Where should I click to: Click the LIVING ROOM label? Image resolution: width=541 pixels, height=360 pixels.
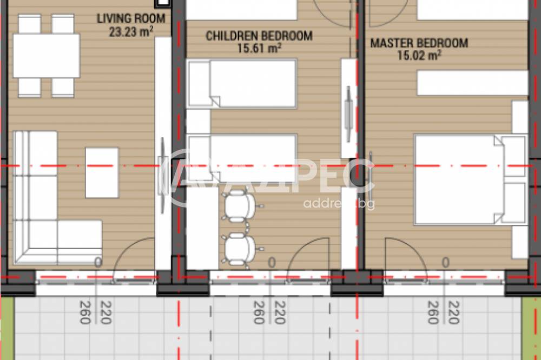[131, 18]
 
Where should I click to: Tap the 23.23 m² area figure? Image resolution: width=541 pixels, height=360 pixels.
[131, 31]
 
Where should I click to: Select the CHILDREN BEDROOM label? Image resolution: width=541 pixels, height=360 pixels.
[259, 36]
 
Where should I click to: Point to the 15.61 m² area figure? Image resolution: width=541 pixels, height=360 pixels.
[259, 48]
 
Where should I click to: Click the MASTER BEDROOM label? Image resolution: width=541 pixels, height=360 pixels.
[419, 43]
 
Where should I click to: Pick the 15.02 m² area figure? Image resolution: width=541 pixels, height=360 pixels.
[419, 55]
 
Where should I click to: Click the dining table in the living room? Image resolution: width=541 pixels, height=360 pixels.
[47, 56]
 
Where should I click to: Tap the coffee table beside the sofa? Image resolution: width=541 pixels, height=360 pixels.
[102, 172]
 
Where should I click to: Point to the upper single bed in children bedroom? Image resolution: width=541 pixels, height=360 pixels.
[242, 84]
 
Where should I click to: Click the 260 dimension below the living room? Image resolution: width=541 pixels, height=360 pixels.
[85, 312]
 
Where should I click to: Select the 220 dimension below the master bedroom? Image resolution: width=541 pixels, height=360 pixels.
[453, 312]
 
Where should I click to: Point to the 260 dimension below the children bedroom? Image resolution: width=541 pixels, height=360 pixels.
[259, 312]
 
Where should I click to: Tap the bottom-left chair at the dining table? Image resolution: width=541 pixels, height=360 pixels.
[30, 88]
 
